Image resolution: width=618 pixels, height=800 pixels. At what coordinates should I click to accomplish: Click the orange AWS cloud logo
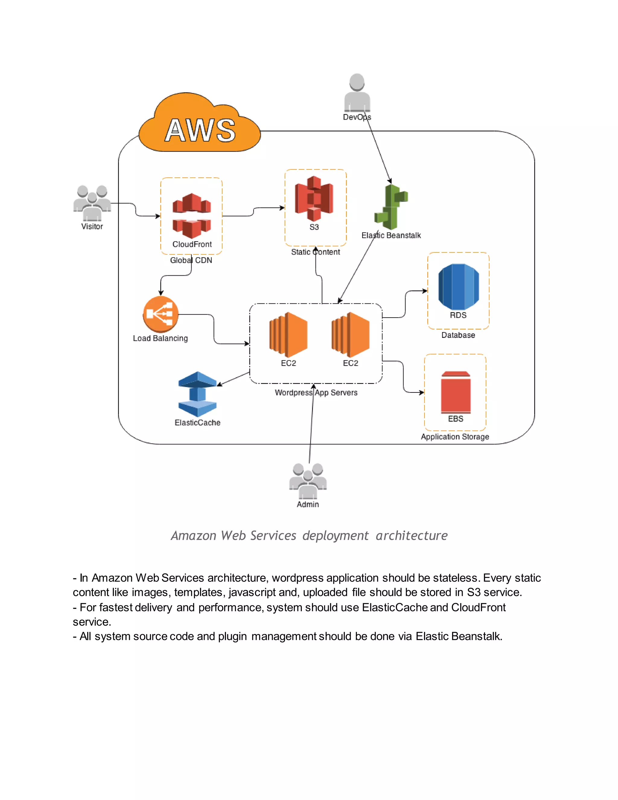point(199,125)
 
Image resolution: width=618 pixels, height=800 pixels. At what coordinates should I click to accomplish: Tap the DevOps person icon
point(357,93)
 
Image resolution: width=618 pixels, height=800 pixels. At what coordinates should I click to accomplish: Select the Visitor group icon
point(92,203)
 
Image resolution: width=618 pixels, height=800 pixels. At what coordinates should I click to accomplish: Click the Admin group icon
point(308,481)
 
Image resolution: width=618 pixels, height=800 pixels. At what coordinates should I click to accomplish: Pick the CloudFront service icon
point(192,216)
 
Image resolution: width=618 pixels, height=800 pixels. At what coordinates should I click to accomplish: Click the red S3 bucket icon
point(314,198)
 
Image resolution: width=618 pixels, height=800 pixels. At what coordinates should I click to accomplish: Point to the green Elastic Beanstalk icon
point(391,207)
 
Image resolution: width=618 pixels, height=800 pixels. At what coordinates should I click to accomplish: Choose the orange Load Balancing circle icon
point(160,314)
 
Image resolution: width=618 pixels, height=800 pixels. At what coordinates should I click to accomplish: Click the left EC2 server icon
point(288,334)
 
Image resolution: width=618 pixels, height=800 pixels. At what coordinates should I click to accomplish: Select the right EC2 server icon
point(350,334)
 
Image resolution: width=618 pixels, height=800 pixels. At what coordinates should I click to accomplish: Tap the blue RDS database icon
point(458,286)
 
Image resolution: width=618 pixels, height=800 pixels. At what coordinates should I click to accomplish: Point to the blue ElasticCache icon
point(197,394)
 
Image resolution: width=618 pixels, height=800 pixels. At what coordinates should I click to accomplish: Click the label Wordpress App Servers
point(316,393)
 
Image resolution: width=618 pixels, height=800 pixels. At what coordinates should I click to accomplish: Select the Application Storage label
point(455,437)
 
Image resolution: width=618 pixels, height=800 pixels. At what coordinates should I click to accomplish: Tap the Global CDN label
point(191,260)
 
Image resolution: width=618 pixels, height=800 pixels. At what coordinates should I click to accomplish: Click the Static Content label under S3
point(315,252)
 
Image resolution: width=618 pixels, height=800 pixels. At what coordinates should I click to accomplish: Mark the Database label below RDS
point(458,335)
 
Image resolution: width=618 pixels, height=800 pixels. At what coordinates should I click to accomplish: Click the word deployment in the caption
point(335,536)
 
